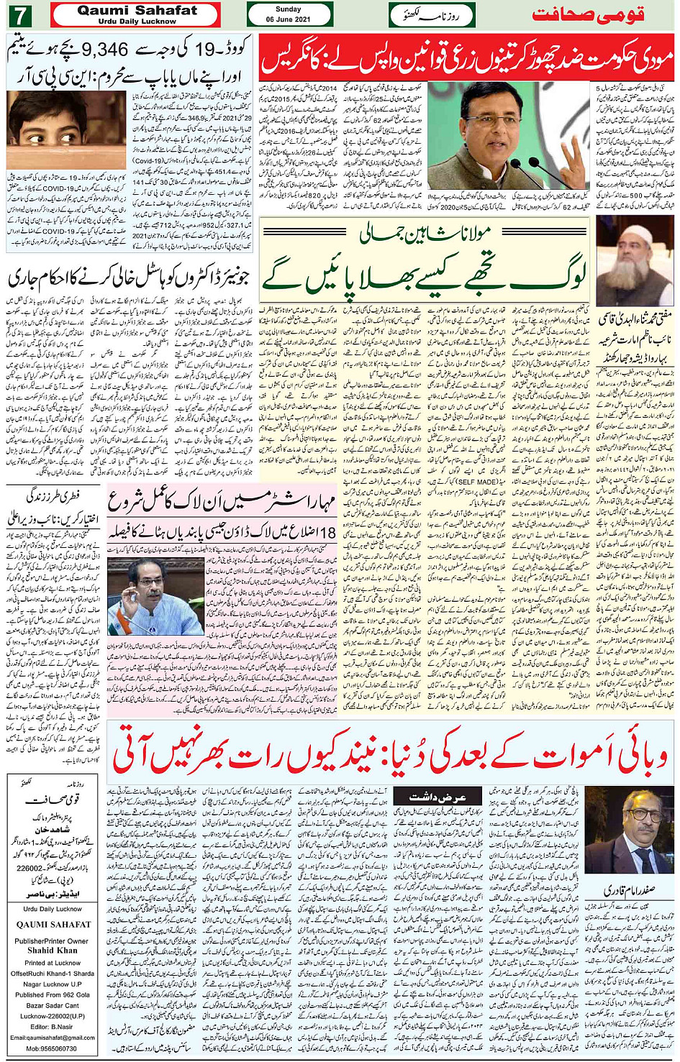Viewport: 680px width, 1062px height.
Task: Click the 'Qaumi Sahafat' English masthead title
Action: pos(137,10)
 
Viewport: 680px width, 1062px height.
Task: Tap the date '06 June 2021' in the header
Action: pos(289,19)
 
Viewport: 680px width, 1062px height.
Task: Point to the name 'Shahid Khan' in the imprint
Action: pos(52,950)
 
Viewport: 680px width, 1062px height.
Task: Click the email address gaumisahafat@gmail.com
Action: pos(53,1038)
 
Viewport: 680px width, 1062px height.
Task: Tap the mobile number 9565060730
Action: pos(53,1048)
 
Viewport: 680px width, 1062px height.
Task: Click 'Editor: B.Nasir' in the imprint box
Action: pos(52,1027)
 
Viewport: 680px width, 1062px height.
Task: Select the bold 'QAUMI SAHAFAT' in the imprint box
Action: pos(53,925)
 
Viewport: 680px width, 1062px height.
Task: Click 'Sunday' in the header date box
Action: pos(289,9)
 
